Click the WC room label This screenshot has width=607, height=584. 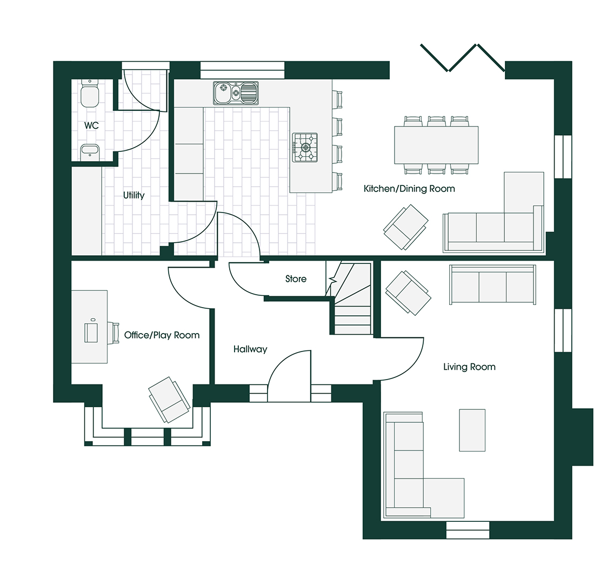(x=91, y=125)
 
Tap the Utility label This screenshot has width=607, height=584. (x=134, y=195)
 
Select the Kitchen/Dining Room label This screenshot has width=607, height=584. (x=409, y=189)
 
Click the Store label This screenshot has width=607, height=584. (x=296, y=279)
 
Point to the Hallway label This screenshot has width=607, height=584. (x=250, y=349)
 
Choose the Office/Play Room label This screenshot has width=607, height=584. (x=162, y=335)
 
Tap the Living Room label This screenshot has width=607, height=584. (x=469, y=367)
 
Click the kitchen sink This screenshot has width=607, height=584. (x=236, y=92)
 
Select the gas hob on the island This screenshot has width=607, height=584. (x=305, y=147)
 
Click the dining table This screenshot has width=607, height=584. (x=436, y=144)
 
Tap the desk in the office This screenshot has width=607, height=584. (x=90, y=327)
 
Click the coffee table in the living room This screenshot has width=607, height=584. (x=472, y=430)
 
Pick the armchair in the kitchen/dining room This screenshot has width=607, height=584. (x=405, y=227)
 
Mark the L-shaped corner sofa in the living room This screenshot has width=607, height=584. (x=413, y=476)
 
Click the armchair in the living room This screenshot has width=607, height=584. (x=408, y=292)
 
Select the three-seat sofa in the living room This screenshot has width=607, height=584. (x=492, y=285)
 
